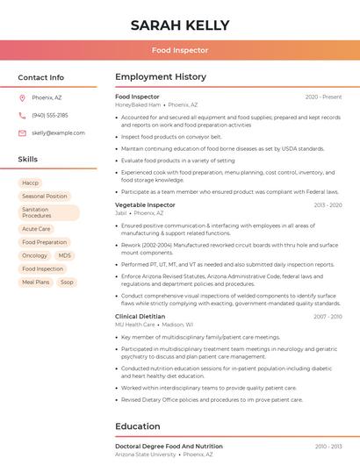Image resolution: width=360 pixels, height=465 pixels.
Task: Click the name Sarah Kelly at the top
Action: tap(179, 25)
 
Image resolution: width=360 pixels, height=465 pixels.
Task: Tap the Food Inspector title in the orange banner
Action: tap(179, 50)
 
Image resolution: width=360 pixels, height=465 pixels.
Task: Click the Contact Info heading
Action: tap(40, 77)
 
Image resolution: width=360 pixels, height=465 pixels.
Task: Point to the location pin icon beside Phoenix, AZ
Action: tap(23, 97)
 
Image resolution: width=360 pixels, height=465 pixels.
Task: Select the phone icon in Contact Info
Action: tap(23, 115)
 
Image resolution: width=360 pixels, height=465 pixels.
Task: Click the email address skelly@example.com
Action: tap(58, 132)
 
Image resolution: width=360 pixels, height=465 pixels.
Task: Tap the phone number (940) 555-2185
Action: tap(50, 115)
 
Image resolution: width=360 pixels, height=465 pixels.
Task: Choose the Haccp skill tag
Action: tap(31, 182)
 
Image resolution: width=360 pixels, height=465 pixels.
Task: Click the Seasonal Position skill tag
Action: tap(44, 197)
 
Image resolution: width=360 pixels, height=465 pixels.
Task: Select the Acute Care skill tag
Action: tap(36, 229)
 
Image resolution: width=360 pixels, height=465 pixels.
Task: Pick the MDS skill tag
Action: tap(65, 255)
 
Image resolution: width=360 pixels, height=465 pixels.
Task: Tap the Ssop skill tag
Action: tap(67, 283)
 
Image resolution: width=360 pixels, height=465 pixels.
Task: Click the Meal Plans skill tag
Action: tap(36, 283)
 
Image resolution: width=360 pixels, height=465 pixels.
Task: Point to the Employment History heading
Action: tap(161, 77)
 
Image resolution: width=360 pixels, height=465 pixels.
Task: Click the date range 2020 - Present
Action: tap(323, 97)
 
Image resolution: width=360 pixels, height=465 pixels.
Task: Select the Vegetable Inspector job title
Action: tap(145, 204)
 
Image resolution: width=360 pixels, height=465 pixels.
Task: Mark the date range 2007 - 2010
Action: tap(328, 316)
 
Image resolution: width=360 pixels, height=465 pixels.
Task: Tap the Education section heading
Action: tap(138, 426)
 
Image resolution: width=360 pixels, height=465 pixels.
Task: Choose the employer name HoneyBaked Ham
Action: tap(138, 104)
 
